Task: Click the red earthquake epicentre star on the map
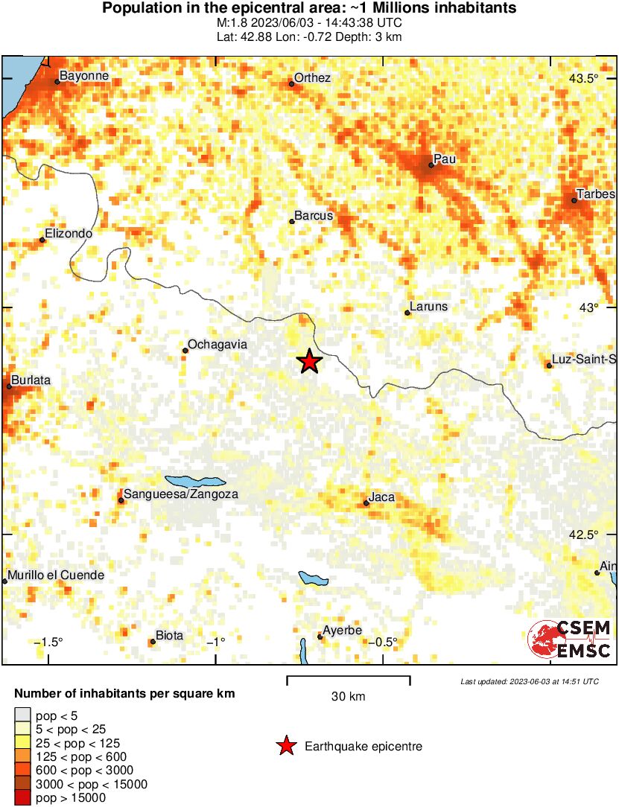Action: point(309,362)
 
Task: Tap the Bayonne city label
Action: point(84,76)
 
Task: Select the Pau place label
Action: point(445,159)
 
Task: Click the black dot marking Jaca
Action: point(366,504)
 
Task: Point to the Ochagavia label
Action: point(218,345)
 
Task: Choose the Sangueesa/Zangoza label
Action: point(182,494)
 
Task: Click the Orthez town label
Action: point(312,78)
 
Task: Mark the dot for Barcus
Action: point(292,221)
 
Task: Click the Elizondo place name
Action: point(69,234)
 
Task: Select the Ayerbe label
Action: point(342,631)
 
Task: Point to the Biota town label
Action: point(169,636)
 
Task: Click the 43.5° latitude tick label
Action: point(584,79)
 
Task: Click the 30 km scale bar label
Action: point(349,697)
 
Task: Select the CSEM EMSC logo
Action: point(569,639)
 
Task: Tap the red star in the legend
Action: point(285,746)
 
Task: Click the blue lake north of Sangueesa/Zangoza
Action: point(194,481)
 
